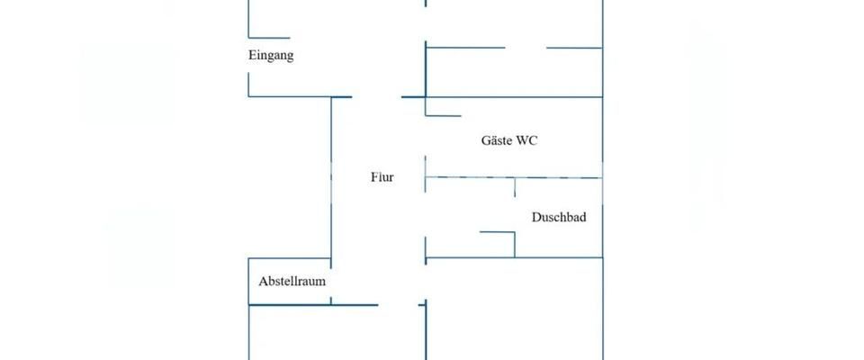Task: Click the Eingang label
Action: (x=271, y=56)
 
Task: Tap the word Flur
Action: (x=382, y=177)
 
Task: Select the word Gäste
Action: (x=498, y=140)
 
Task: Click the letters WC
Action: (x=528, y=140)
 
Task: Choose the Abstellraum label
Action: (x=292, y=281)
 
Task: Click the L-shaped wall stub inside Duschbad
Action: (x=504, y=236)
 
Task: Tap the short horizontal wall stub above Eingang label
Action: (x=268, y=38)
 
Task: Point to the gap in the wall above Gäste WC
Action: (x=526, y=47)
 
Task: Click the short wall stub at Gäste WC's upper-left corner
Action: (x=442, y=115)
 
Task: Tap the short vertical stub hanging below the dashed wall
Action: (x=515, y=187)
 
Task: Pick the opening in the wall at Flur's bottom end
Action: (x=399, y=305)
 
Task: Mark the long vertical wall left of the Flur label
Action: (x=331, y=180)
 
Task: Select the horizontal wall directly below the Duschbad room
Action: (x=513, y=259)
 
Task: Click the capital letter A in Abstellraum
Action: (x=263, y=281)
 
